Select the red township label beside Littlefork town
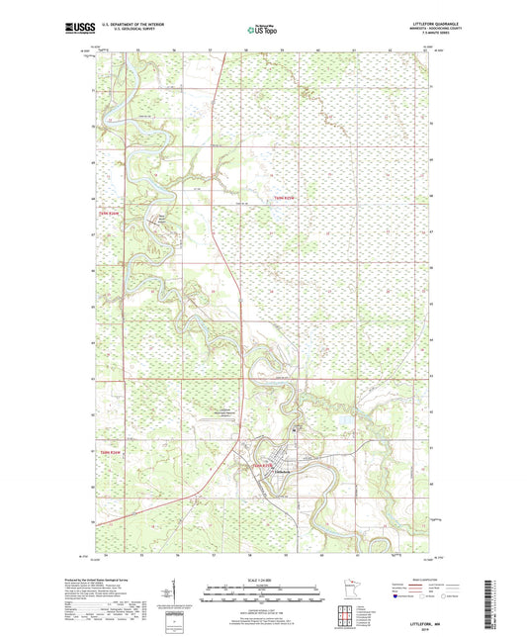(260, 464)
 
